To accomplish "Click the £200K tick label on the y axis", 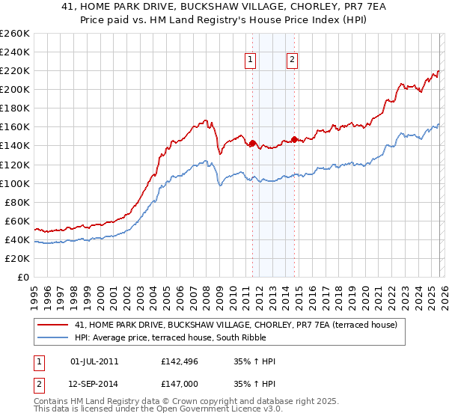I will point(15,89).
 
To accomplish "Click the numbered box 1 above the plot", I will point(249,61).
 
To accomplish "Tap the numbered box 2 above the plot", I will point(291,61).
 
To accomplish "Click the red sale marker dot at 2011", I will point(252,143).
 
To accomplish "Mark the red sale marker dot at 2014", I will point(294,138).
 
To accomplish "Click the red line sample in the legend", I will point(54,325).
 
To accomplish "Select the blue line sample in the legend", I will point(54,337).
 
